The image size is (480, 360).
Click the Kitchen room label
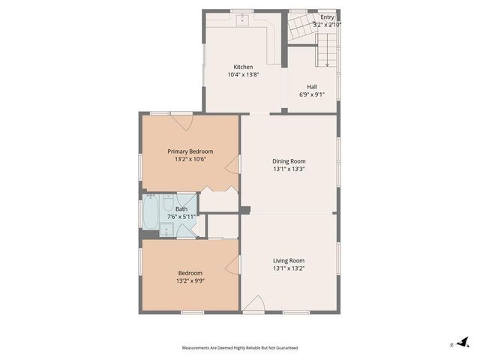click(x=242, y=67)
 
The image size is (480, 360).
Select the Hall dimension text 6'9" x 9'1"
click(x=312, y=94)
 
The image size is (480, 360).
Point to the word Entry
click(x=327, y=17)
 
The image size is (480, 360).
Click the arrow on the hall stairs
click(x=327, y=63)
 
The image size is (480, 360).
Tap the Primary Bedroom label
click(x=190, y=151)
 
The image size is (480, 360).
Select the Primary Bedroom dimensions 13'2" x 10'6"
click(x=190, y=159)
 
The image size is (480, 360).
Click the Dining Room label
click(x=289, y=161)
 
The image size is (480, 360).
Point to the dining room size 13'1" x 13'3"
click(x=289, y=169)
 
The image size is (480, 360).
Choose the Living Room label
click(x=289, y=260)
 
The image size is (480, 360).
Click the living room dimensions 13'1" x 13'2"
click(x=289, y=268)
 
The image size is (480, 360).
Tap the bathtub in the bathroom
click(x=151, y=213)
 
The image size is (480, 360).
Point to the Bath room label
click(x=181, y=209)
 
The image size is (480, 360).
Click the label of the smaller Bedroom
click(x=190, y=273)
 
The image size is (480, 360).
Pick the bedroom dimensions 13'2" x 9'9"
click(x=190, y=281)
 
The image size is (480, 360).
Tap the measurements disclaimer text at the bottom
click(x=240, y=348)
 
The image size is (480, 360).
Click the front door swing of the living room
click(x=253, y=304)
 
